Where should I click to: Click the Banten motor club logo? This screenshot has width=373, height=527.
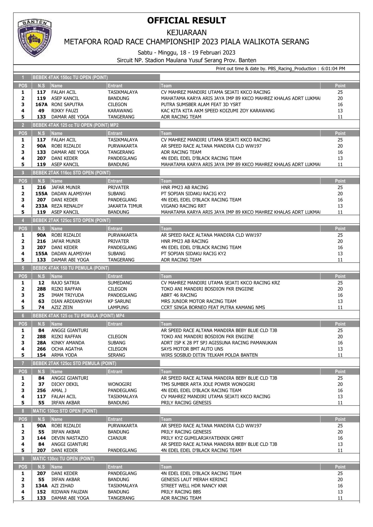pos(34,38)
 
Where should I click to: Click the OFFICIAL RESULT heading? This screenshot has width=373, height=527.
pos(186,21)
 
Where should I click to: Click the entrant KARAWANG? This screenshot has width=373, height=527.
pos(120,111)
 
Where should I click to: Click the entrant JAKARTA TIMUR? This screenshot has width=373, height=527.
pos(125,206)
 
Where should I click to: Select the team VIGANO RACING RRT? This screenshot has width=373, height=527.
pos(184,206)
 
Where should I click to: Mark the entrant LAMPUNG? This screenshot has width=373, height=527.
pos(118,307)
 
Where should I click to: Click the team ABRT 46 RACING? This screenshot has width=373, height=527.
pos(179,295)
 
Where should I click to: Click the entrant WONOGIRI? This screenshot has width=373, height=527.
pos(120,384)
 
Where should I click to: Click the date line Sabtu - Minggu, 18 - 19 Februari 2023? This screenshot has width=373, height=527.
pos(186,53)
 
